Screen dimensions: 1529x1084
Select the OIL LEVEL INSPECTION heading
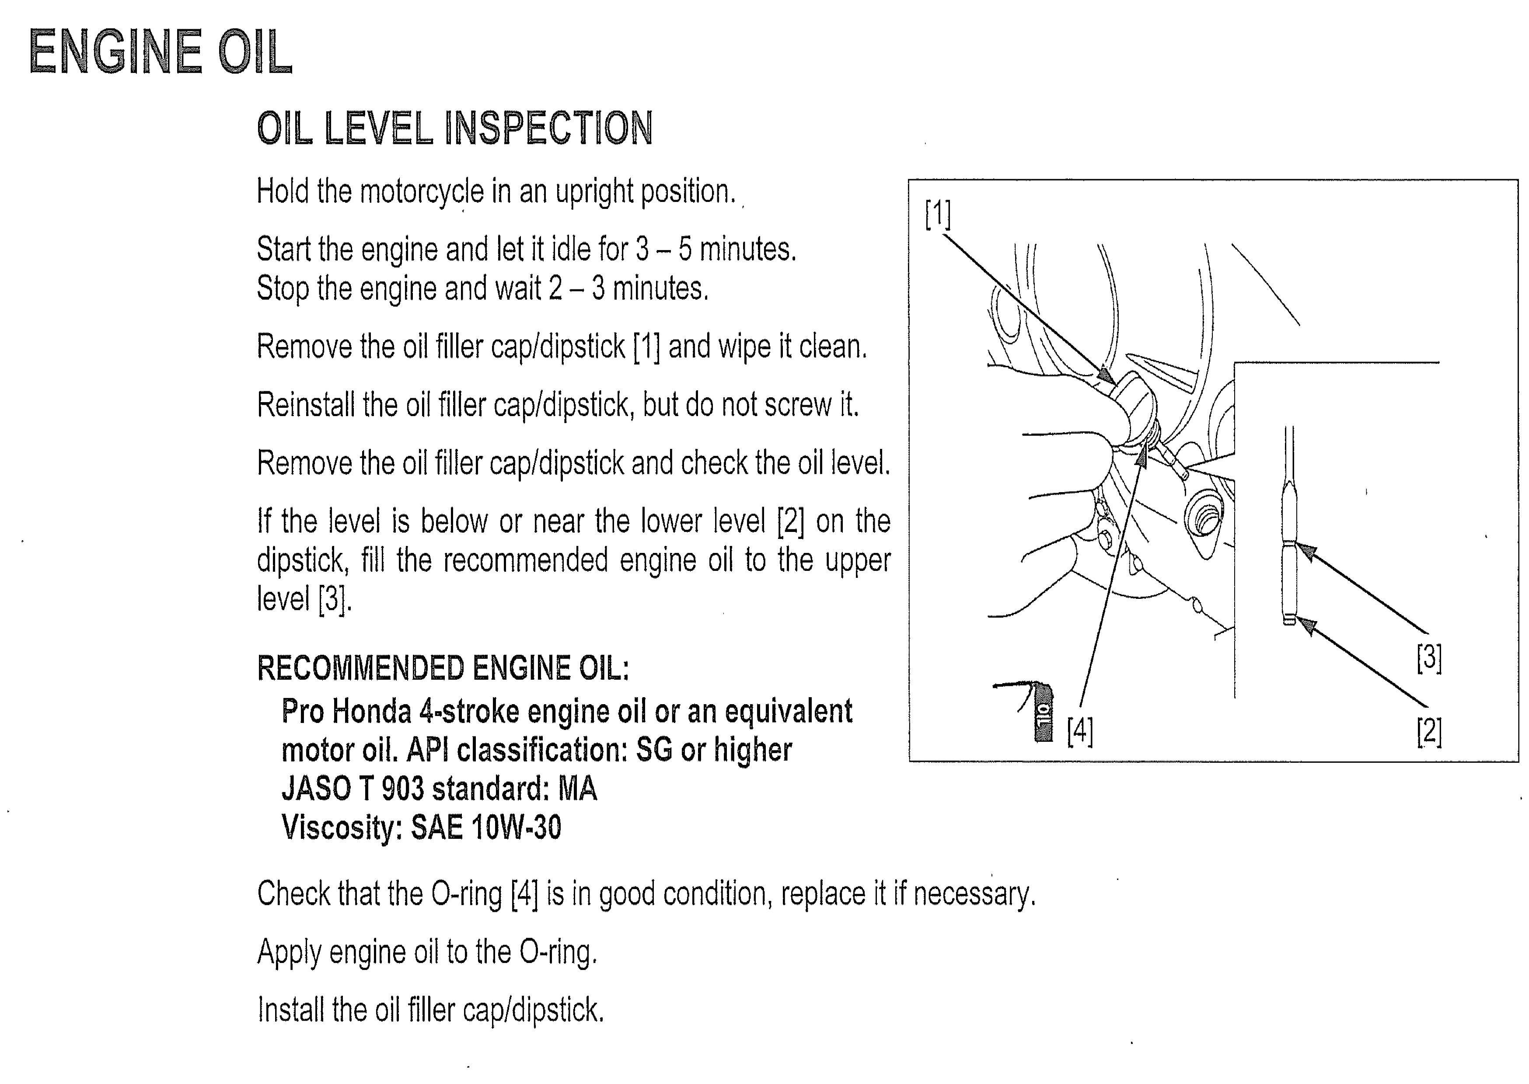455,128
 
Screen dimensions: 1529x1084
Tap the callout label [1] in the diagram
937,214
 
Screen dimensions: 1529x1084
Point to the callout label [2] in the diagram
1429,732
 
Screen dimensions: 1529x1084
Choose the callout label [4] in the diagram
1080,731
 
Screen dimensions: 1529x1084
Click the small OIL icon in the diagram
1042,712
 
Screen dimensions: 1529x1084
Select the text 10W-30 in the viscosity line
516,828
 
